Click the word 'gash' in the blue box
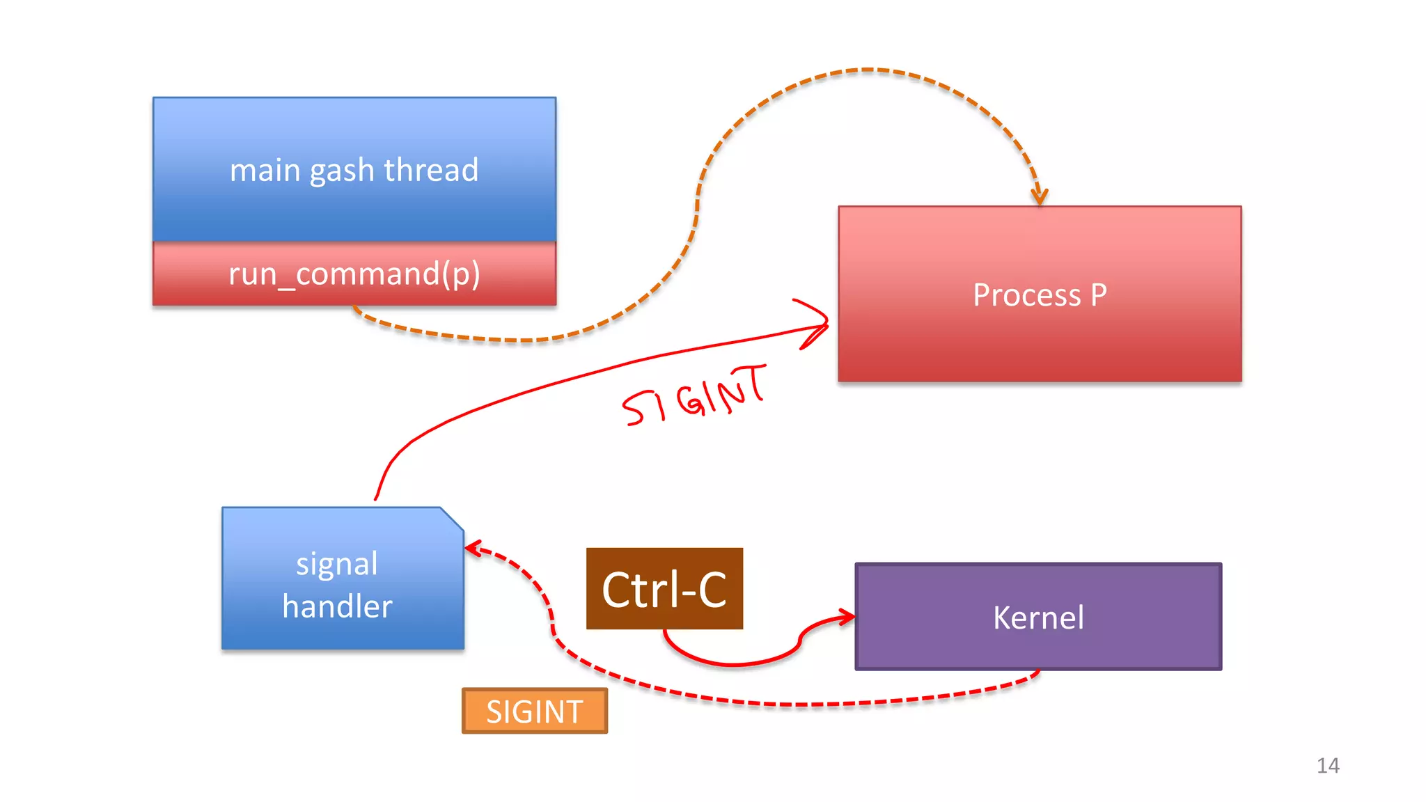(342, 171)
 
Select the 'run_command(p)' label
(354, 274)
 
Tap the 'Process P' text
(1039, 295)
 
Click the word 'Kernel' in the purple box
(1038, 618)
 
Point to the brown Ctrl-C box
(664, 589)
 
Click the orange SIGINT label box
(534, 711)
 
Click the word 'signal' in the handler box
(337, 564)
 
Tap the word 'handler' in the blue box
(337, 606)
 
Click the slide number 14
(1328, 765)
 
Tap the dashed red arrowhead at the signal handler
(473, 549)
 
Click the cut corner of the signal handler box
(452, 519)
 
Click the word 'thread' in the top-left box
(431, 171)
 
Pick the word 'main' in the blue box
(265, 171)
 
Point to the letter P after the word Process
(1098, 295)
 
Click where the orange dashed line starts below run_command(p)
(355, 308)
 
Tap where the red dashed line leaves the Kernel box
(1039, 672)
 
